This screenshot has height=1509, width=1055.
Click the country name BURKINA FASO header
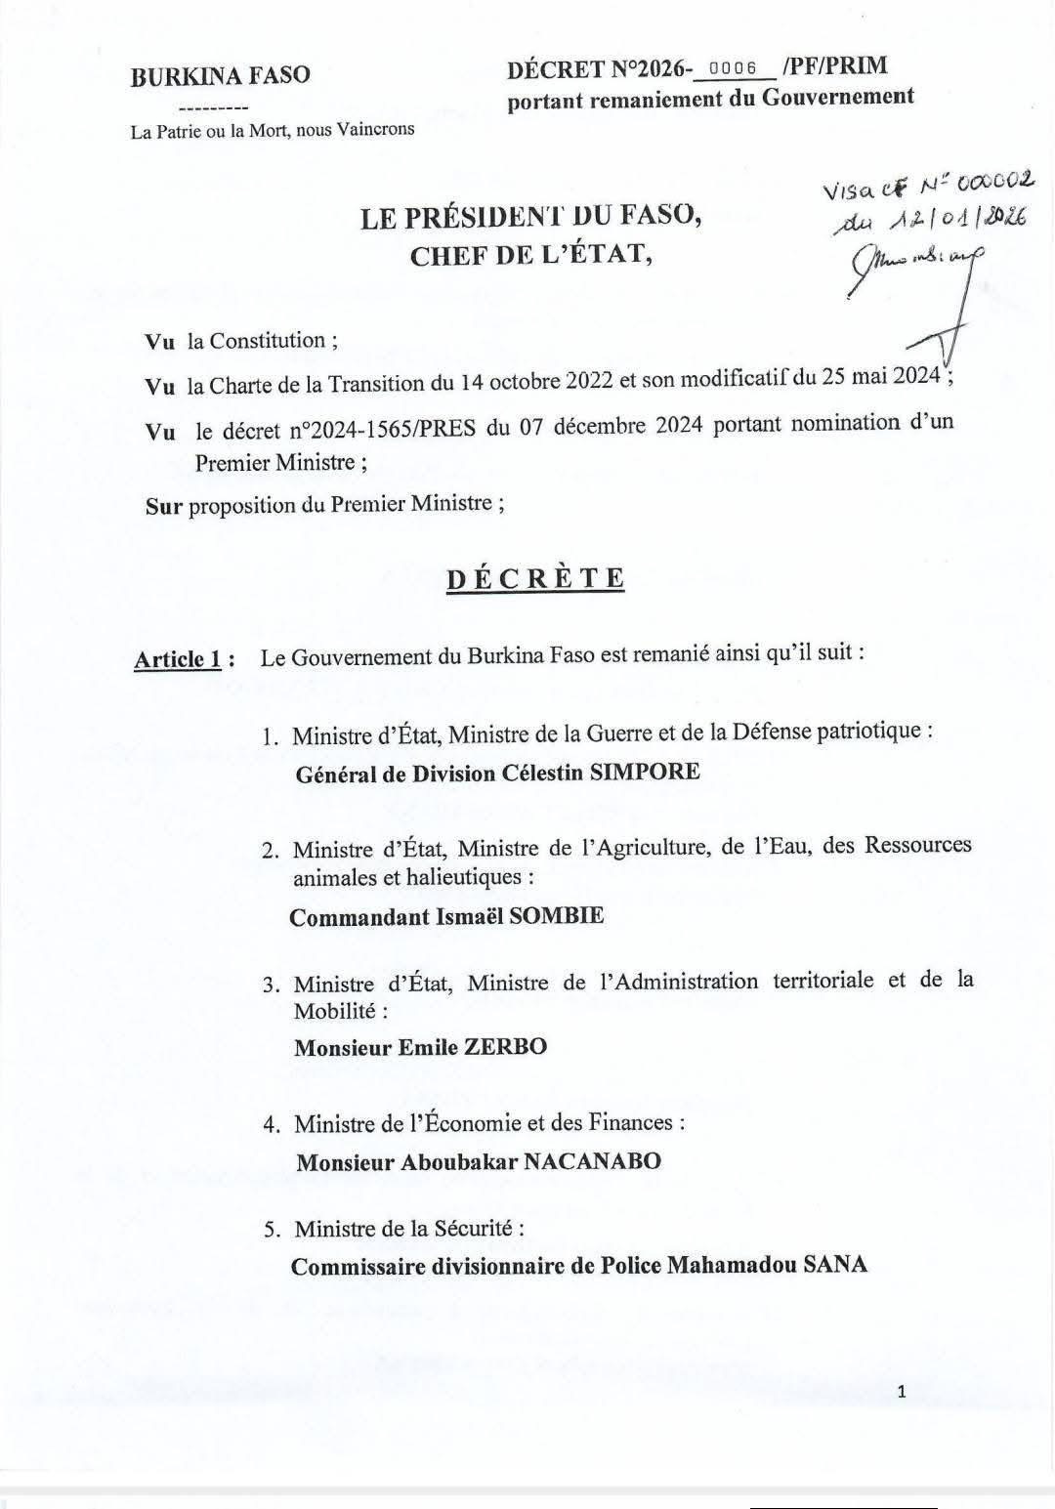coord(220,75)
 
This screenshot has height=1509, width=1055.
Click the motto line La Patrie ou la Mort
coord(272,129)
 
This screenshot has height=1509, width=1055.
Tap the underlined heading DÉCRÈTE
coord(535,578)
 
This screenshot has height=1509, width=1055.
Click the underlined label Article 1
coord(178,659)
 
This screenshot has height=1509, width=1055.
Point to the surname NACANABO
coord(593,1161)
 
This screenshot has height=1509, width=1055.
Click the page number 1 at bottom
coord(901,1392)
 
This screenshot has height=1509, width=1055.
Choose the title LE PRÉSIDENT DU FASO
coord(531,218)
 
